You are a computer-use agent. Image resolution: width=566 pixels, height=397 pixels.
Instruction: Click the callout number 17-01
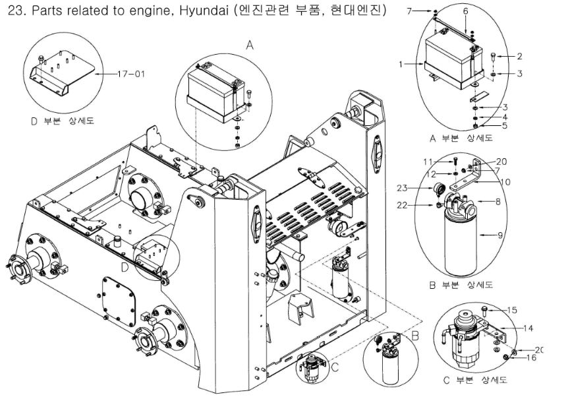[130, 74]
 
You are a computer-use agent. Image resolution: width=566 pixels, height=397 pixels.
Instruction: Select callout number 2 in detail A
[519, 56]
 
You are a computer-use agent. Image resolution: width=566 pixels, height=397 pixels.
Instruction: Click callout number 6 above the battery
[465, 11]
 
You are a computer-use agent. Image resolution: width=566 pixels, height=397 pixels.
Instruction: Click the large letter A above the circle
[249, 44]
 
